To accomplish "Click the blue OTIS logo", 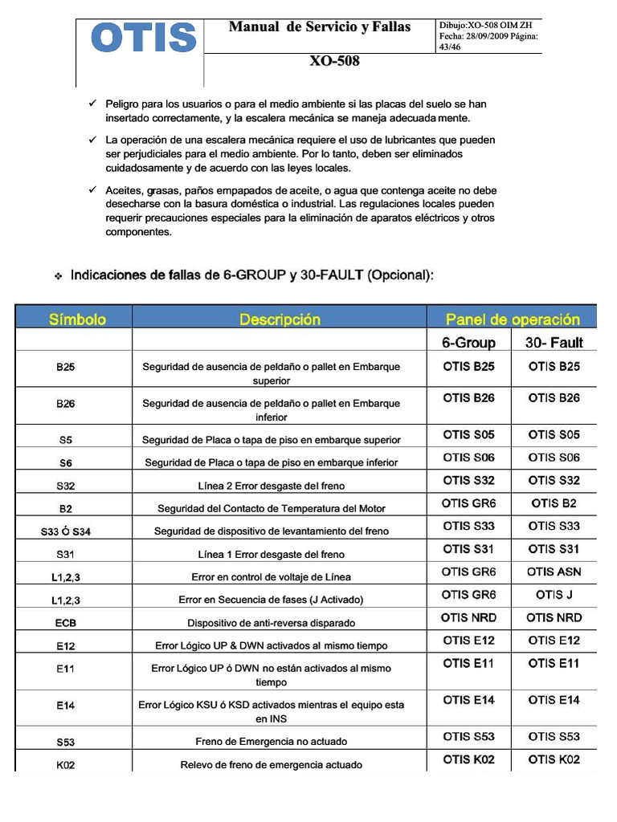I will [x=144, y=38].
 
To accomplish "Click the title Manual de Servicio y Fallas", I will [x=319, y=27].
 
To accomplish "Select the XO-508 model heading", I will [x=334, y=61].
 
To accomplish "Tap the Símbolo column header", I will [x=77, y=319].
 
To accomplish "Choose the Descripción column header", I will [x=280, y=319].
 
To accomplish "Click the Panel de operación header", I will [x=513, y=319].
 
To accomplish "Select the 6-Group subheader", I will [x=468, y=343].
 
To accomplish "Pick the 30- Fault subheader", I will [x=554, y=343].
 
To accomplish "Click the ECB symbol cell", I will [x=66, y=623].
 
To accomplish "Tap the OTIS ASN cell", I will [x=554, y=572].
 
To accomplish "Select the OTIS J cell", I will [x=554, y=595].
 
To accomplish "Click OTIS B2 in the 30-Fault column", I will [x=554, y=503].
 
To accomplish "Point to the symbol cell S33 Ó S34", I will [x=71, y=531].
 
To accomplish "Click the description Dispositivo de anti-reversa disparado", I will [x=271, y=623].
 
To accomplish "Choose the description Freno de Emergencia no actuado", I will [x=271, y=742].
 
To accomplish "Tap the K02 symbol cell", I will [x=66, y=765].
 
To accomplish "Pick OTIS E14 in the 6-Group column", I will [x=468, y=700].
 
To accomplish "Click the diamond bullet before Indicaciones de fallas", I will [x=59, y=277].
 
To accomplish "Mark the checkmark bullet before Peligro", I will [x=92, y=104].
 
